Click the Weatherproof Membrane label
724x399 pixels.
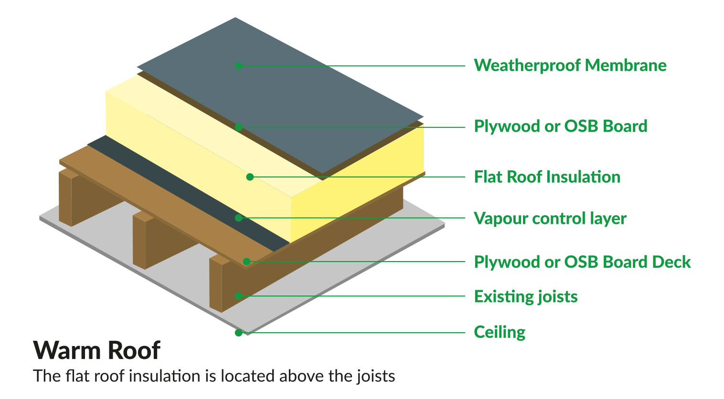(x=570, y=65)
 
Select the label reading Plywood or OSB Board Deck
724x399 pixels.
(x=582, y=262)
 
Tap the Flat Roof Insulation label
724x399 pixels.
(x=547, y=177)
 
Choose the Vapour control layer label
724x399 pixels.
(x=550, y=219)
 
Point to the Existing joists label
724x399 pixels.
(x=525, y=296)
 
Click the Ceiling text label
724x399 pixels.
(x=500, y=332)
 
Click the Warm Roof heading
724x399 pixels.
(x=97, y=351)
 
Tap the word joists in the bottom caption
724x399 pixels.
(x=376, y=377)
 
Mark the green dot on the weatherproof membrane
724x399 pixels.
(x=239, y=66)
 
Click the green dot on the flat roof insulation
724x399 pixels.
(x=250, y=177)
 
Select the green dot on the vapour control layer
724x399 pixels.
(x=239, y=218)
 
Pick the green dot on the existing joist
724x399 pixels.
(x=238, y=296)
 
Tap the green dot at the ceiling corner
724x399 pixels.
(x=238, y=333)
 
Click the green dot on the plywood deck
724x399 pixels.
(x=246, y=262)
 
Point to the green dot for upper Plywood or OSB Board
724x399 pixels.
(x=239, y=127)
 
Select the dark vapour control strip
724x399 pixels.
(x=191, y=191)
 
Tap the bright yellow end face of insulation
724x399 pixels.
(x=358, y=181)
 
